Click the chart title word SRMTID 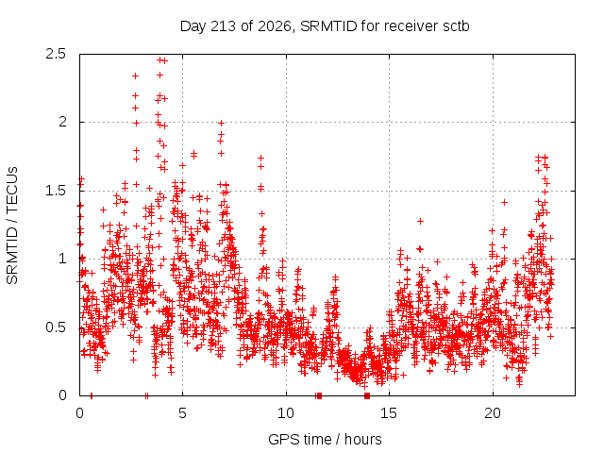[329, 26]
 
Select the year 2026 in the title [274, 27]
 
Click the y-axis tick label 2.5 [56, 54]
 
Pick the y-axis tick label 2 [62, 122]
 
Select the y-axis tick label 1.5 [56, 191]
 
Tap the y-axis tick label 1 [63, 259]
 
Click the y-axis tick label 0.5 [56, 327]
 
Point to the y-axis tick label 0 [62, 395]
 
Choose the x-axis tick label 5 [182, 413]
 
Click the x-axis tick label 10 [286, 413]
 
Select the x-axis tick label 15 [389, 413]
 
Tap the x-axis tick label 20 [493, 413]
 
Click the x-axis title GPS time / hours [325, 440]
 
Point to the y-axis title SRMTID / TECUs [12, 226]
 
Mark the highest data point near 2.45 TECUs [159, 59]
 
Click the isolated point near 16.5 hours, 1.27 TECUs [420, 221]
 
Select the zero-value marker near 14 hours [367, 395]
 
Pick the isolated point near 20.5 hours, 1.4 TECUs [504, 202]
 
